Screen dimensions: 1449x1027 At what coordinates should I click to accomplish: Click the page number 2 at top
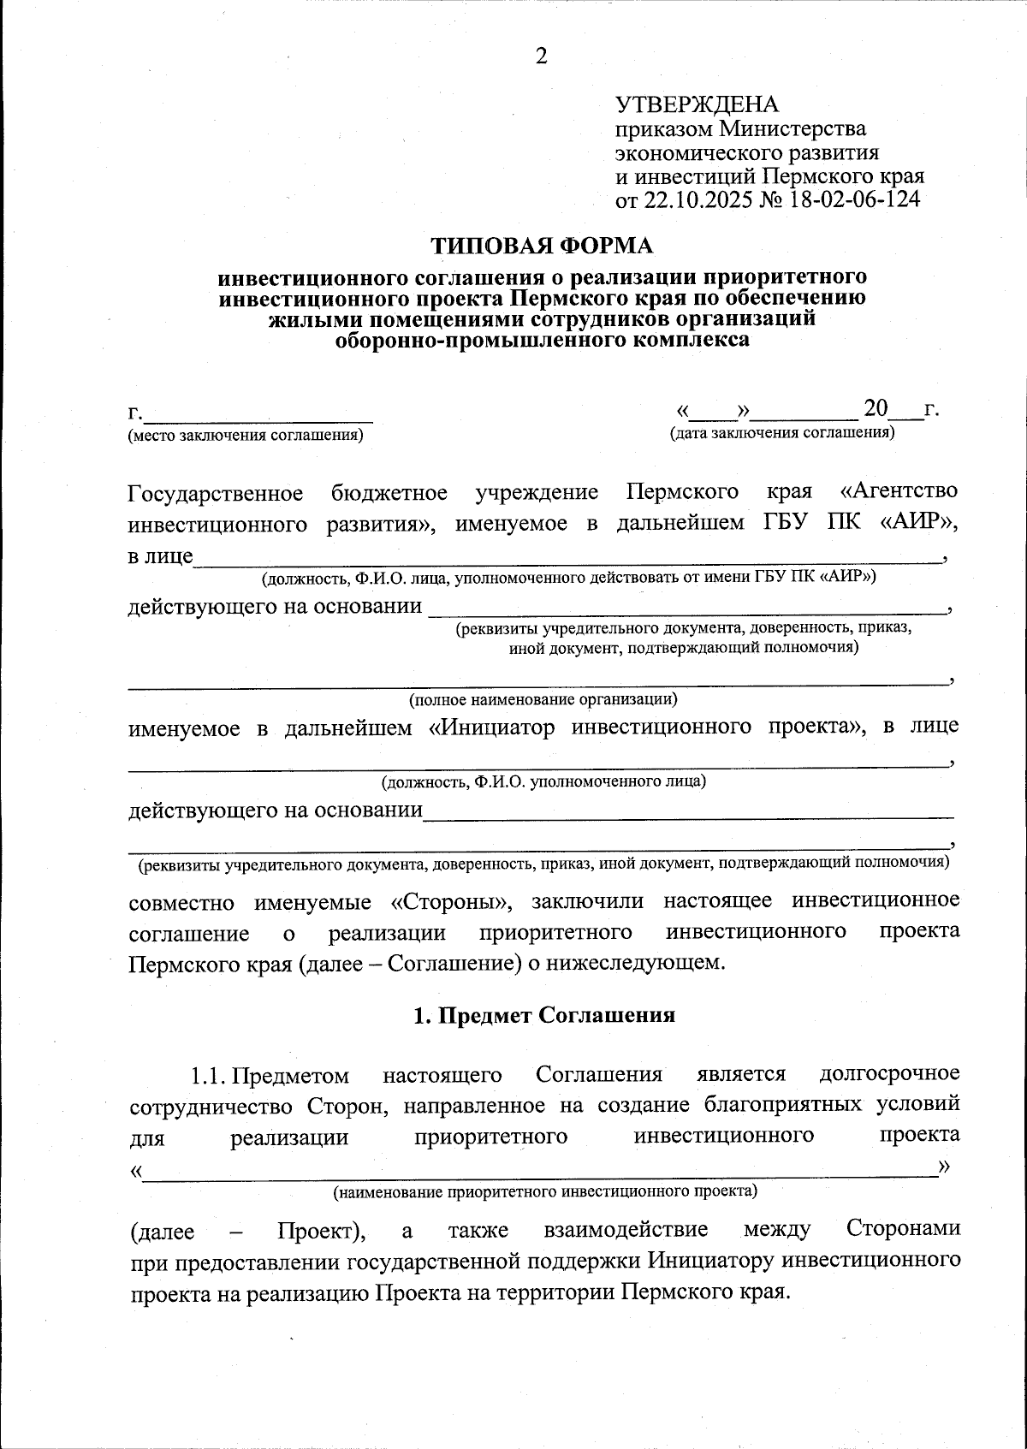coord(540,57)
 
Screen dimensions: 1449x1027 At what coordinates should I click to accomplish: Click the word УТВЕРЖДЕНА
coord(697,105)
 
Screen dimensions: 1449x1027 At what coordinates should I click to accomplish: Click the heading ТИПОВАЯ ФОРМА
coord(541,246)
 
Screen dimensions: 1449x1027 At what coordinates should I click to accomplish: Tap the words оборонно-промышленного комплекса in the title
coord(542,340)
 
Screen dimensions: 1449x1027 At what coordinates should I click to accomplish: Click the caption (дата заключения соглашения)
coord(781,432)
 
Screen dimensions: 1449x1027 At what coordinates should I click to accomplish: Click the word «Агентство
coord(899,492)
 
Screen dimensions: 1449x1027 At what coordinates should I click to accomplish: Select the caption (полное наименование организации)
coord(543,699)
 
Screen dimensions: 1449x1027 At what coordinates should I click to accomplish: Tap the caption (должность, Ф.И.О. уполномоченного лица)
coord(543,781)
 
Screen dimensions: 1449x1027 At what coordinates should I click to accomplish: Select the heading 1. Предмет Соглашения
coord(544,1015)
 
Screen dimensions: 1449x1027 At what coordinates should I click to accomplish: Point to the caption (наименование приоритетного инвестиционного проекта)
coord(545,1191)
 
